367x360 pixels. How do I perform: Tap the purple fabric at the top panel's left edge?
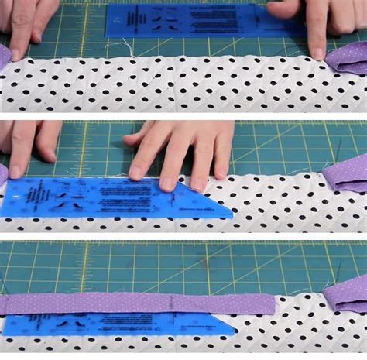4,57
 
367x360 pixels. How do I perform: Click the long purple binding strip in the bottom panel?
139,303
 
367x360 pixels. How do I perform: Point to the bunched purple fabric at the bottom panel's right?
346,294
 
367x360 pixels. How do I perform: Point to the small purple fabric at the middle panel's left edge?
3,173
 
